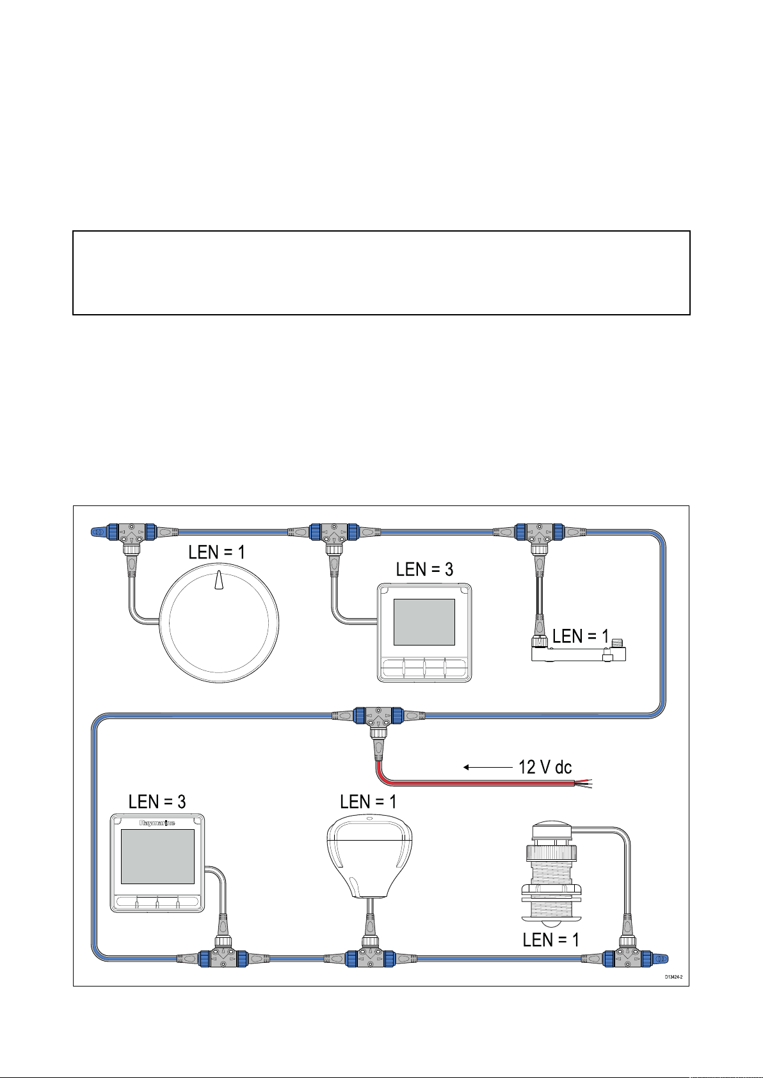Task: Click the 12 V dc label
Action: tap(545, 766)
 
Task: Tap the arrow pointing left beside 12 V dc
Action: tap(486, 766)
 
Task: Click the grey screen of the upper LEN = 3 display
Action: tap(424, 622)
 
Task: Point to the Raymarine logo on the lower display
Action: tap(157, 823)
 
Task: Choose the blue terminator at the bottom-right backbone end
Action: tap(661, 958)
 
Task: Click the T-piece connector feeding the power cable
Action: tap(378, 716)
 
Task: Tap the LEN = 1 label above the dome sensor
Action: tap(369, 802)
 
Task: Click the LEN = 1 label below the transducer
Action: tap(550, 940)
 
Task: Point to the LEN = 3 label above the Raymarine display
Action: tap(157, 802)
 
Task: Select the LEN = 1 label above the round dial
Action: tap(216, 553)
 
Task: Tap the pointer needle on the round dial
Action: tap(219, 580)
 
